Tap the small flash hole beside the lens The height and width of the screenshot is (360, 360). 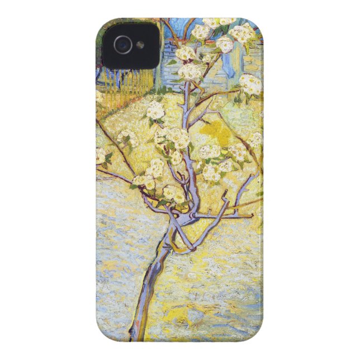pyautogui.click(x=140, y=44)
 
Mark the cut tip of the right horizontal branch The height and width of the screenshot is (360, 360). pyautogui.click(x=251, y=215)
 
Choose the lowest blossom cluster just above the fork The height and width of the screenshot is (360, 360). pyautogui.click(x=173, y=193)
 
